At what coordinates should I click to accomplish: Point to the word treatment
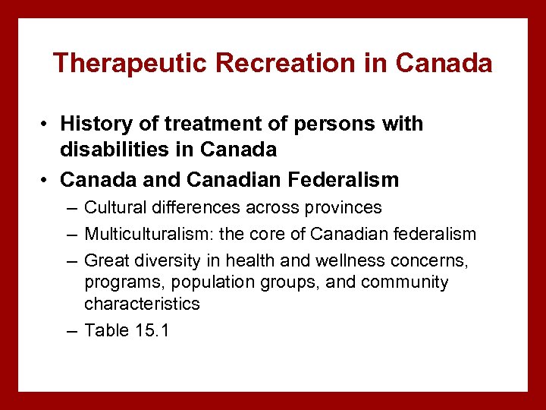coord(199,124)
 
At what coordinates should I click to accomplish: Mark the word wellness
coord(348,260)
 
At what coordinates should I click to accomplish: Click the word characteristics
coord(142,304)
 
